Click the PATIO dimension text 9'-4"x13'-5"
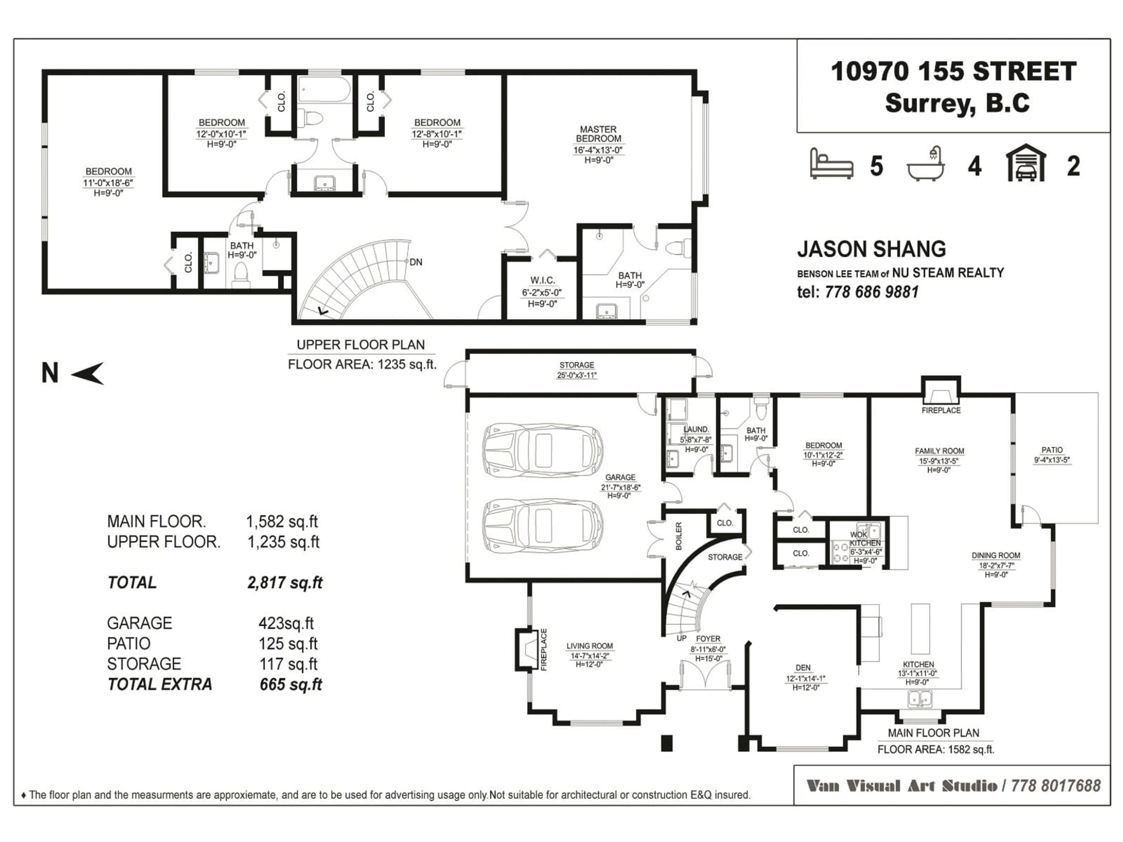(1052, 460)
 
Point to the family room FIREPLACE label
(941, 410)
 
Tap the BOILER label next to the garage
(679, 536)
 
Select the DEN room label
(803, 668)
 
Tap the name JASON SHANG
(871, 249)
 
